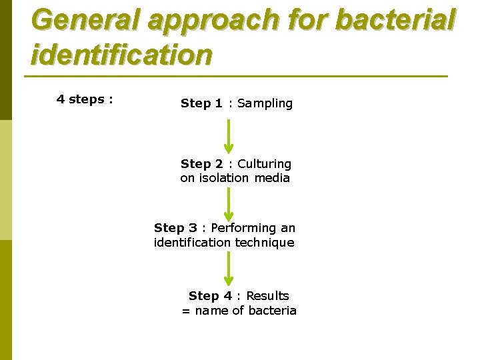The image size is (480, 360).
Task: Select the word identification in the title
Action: tap(121, 55)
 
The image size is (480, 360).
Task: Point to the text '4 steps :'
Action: tap(85, 99)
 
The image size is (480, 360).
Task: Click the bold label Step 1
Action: tap(201, 103)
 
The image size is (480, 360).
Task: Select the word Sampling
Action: tap(265, 103)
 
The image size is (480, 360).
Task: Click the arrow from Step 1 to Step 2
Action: tap(229, 136)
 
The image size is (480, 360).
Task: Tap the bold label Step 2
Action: tap(201, 164)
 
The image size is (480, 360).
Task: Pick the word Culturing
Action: tap(265, 164)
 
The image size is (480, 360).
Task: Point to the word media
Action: tap(272, 178)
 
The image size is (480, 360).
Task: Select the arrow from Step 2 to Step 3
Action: tap(229, 203)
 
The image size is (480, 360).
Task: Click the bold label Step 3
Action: tap(175, 228)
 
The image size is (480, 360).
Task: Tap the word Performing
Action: tap(244, 229)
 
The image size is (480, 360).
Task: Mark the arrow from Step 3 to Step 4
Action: tap(229, 269)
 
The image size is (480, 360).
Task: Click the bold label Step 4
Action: tap(210, 296)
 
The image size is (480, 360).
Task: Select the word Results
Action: tap(267, 296)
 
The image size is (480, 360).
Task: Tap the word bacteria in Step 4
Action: tap(272, 311)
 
